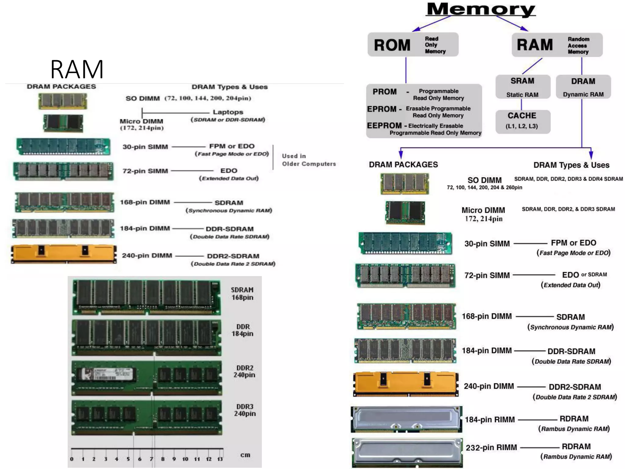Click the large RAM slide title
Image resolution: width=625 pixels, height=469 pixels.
pos(77,69)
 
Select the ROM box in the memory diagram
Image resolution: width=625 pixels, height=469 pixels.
pos(413,45)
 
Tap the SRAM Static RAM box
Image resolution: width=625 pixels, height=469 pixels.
pos(522,87)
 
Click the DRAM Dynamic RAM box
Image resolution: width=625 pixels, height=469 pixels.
pos(583,87)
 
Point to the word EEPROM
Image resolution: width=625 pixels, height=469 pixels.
pos(384,125)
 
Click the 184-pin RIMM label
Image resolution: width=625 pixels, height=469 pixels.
pos(490,420)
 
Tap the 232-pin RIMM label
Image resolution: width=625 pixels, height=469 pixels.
pos(491,448)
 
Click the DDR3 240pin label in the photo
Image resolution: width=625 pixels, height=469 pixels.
pos(245,410)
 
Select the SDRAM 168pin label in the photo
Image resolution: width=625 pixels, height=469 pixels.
pos(242,293)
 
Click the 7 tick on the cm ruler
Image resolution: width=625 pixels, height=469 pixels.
pos(151,459)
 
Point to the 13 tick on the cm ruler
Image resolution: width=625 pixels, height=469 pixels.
pos(220,459)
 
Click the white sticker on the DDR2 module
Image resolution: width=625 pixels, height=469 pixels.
pos(106,374)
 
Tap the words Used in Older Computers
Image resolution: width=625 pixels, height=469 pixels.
pos(309,160)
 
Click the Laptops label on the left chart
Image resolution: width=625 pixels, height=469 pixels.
pos(228,112)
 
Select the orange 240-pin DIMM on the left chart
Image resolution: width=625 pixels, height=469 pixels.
pos(63,254)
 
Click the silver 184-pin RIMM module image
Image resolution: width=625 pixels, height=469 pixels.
pos(406,419)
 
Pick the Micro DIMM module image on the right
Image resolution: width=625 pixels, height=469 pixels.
pos(405,213)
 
